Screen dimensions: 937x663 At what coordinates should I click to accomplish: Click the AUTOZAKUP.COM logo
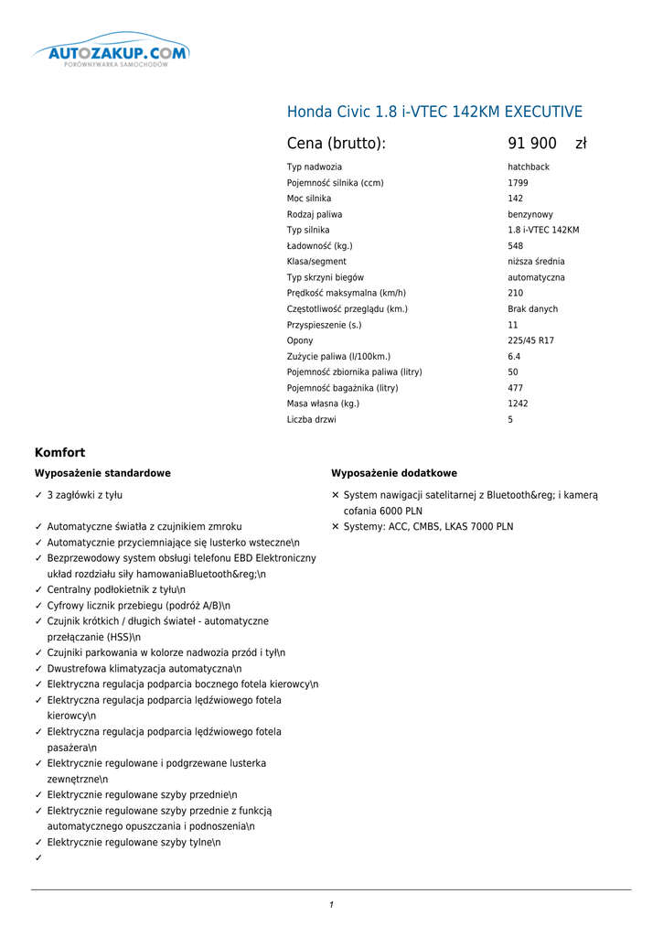111,56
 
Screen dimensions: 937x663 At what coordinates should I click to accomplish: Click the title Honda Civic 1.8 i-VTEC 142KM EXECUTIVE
434,113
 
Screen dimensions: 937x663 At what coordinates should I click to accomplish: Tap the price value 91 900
531,144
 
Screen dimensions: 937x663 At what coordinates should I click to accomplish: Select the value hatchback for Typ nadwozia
529,167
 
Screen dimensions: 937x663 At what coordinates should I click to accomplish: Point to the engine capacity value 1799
518,183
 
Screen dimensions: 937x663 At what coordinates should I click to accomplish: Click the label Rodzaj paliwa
315,214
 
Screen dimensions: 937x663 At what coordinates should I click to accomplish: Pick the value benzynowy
530,214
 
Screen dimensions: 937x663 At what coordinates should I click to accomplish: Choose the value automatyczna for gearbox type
536,277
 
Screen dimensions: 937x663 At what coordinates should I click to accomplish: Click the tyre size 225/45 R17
530,340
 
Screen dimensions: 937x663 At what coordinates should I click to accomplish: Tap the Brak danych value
532,309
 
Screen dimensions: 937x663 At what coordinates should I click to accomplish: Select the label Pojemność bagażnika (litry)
342,388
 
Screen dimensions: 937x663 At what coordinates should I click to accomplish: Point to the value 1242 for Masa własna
518,404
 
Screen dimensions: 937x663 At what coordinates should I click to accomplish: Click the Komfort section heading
59,452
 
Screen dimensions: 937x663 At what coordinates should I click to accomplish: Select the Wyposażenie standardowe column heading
102,473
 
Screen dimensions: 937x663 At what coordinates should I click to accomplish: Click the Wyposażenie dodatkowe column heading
394,473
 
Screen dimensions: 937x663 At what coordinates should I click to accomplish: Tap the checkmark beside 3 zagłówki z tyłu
38,495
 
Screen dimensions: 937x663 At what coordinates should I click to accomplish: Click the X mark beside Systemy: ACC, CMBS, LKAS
336,527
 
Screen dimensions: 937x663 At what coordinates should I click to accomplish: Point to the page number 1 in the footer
331,905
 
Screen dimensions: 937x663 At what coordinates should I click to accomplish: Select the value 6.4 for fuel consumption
514,356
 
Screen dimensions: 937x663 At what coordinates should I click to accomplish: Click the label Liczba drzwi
311,420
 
